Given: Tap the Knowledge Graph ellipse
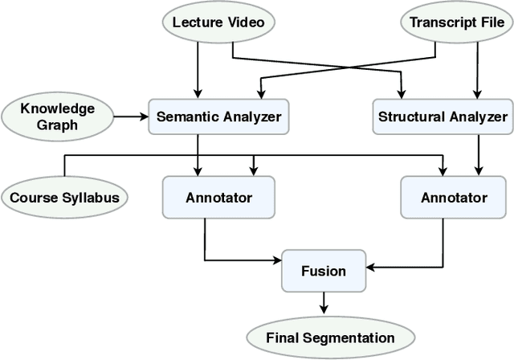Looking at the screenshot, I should [58, 117].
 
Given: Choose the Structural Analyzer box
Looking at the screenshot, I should [443, 117].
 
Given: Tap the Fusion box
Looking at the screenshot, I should [324, 271].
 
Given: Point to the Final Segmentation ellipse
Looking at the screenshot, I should [330, 337].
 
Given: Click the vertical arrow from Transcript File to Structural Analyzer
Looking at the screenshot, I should [479, 69].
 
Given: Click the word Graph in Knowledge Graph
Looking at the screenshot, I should [58, 125].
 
